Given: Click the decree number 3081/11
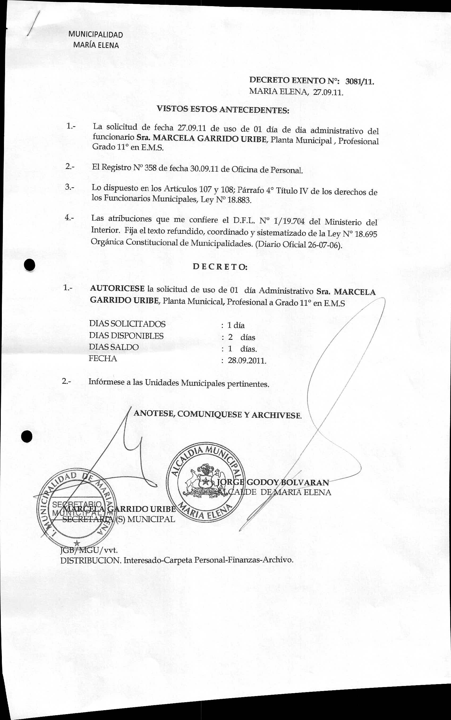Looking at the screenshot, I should coord(359,81).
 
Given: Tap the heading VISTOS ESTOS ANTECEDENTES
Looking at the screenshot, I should coord(223,109).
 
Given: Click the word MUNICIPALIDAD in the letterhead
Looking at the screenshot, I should coord(95,35).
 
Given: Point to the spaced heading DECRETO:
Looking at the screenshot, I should coord(220,266).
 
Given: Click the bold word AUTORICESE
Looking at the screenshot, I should coord(117,289).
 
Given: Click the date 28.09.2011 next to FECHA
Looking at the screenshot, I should coord(247,361).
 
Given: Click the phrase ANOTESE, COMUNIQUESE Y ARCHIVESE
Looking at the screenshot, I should coord(218,414).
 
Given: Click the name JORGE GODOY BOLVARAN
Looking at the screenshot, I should coord(273,482).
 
